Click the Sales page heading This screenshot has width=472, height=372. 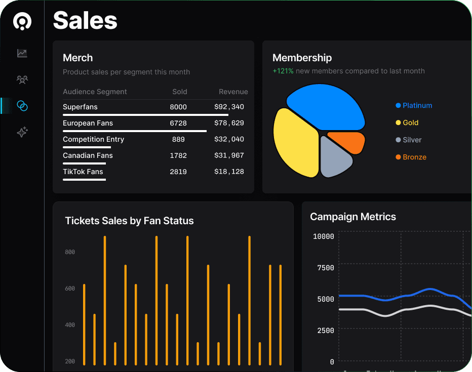85,20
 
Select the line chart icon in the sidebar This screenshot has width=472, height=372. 22,53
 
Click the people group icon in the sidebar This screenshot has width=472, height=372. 22,79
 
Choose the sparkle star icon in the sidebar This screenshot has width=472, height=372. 22,132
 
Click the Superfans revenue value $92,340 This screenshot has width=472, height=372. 229,107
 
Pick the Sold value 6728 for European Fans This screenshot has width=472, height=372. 178,123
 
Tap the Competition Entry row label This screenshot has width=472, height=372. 93,139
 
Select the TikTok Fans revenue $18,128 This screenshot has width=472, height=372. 229,172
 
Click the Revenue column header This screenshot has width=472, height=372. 233,92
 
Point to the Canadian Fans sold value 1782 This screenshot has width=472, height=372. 178,155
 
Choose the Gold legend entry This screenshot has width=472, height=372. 407,122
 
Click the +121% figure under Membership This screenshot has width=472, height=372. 283,71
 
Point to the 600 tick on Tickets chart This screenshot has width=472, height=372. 70,288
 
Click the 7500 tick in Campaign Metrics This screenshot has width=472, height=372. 326,268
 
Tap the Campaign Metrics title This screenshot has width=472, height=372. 353,217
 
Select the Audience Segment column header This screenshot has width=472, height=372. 95,92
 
